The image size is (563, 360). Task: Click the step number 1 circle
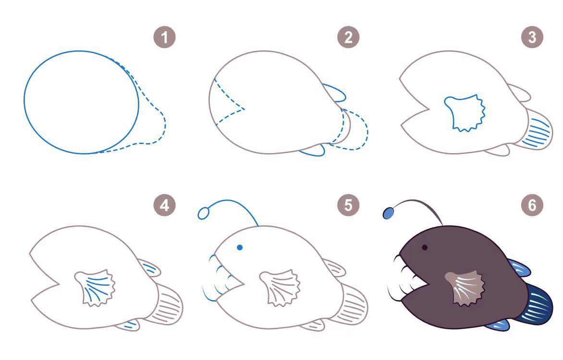point(164,37)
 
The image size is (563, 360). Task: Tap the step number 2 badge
point(348,37)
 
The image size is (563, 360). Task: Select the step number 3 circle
point(532,37)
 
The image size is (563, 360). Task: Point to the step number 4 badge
point(164,205)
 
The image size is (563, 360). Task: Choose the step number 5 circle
point(348,205)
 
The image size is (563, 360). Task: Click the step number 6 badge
point(532,205)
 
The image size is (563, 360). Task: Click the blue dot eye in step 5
point(240,247)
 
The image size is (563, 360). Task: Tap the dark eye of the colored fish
point(425,247)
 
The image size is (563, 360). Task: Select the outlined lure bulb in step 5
point(203,214)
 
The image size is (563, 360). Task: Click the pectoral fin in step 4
point(95,288)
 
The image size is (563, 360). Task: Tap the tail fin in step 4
point(168,304)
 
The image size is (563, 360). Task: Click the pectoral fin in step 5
point(280,288)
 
